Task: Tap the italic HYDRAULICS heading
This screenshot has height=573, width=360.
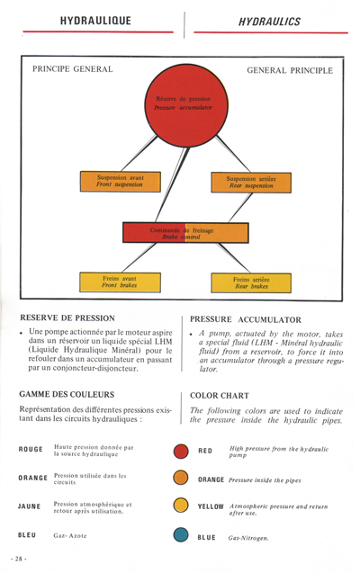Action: click(x=269, y=18)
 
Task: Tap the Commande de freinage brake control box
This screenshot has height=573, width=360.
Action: click(x=185, y=233)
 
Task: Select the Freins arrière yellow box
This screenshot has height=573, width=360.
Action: click(x=252, y=282)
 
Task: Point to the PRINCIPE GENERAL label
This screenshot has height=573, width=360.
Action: click(x=72, y=69)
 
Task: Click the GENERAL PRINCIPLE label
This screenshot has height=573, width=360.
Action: click(x=289, y=69)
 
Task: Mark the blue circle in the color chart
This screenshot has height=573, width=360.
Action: click(x=181, y=537)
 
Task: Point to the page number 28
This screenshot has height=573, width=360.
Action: click(x=19, y=559)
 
